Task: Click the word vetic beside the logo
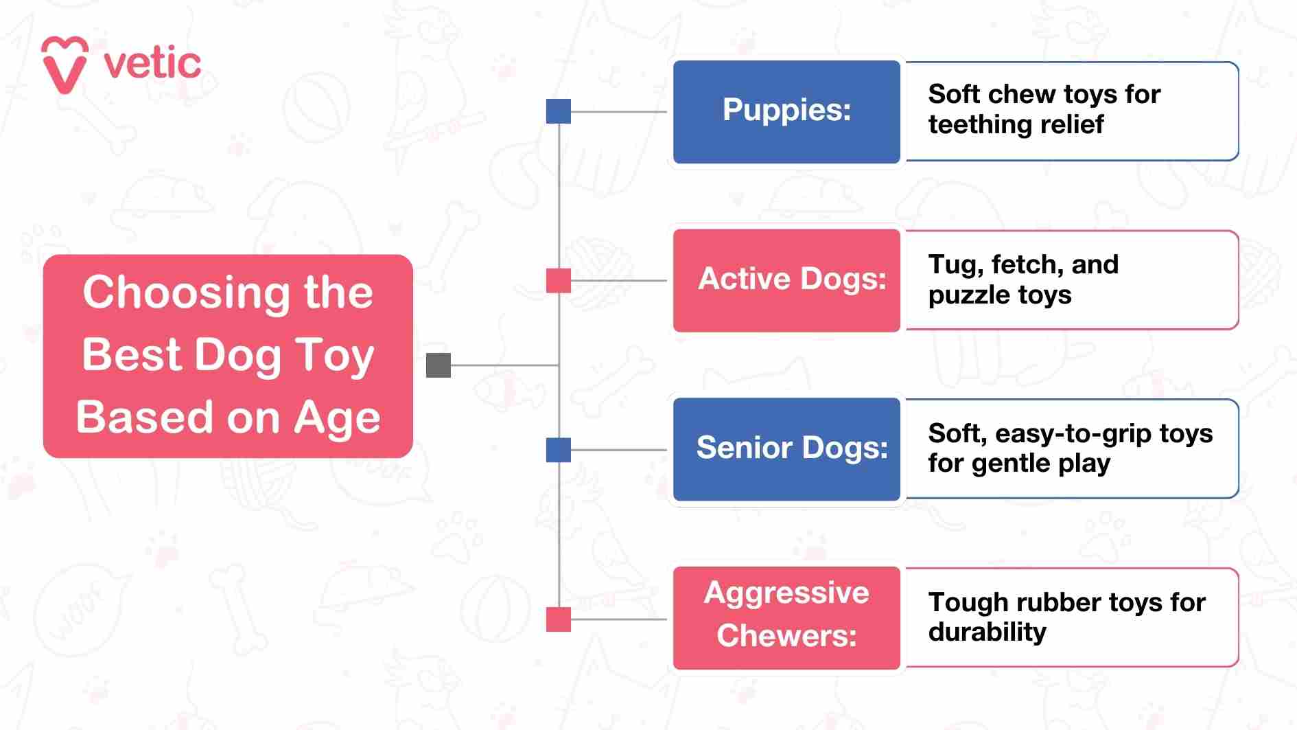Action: pos(152,64)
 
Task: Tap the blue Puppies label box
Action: pos(786,111)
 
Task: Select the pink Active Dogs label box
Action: pos(786,280)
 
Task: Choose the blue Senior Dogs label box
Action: pos(786,448)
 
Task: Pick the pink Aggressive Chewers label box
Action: pos(786,617)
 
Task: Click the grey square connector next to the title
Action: pos(439,365)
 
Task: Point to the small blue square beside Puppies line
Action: pos(559,111)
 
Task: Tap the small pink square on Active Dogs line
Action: pos(559,280)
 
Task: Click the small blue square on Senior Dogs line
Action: pos(559,450)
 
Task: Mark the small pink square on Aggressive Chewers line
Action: pos(559,619)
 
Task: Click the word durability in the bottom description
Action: pos(987,632)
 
